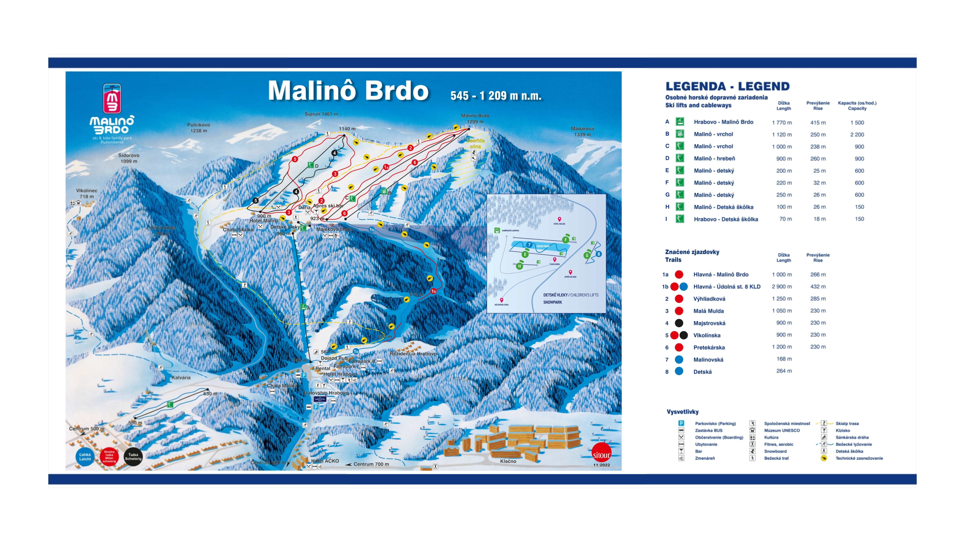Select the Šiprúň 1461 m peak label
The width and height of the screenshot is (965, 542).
(x=321, y=114)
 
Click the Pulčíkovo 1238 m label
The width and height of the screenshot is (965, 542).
(x=199, y=128)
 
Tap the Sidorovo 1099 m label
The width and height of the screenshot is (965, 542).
(x=129, y=158)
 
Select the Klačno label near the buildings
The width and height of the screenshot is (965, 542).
(x=508, y=461)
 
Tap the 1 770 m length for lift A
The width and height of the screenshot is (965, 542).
(x=782, y=122)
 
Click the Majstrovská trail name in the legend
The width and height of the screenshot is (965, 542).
(x=709, y=323)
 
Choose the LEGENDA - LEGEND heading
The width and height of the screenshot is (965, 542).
(x=727, y=86)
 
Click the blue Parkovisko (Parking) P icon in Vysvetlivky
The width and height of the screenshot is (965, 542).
(x=681, y=423)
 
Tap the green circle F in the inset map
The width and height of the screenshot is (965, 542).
(x=565, y=240)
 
